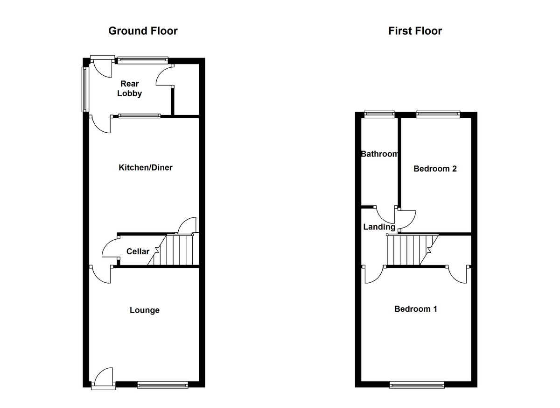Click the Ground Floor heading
pyautogui.click(x=143, y=31)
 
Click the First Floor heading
pyautogui.click(x=415, y=31)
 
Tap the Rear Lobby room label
pyautogui.click(x=130, y=88)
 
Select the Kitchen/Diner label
pyautogui.click(x=146, y=167)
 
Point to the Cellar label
pyautogui.click(x=138, y=251)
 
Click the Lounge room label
pyautogui.click(x=145, y=310)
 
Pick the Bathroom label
pyautogui.click(x=379, y=154)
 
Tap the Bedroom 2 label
pyautogui.click(x=435, y=169)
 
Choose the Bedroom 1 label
pyautogui.click(x=416, y=309)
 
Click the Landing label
pyautogui.click(x=379, y=227)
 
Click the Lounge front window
pyautogui.click(x=163, y=385)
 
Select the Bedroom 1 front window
pyautogui.click(x=417, y=385)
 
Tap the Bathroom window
pyautogui.click(x=379, y=115)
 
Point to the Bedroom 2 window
pyautogui.click(x=438, y=115)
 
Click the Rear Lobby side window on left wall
pyautogui.click(x=85, y=89)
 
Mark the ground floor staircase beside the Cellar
pyautogui.click(x=173, y=249)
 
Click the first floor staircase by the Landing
pyautogui.click(x=413, y=250)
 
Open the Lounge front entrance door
pyautogui.click(x=104, y=378)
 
